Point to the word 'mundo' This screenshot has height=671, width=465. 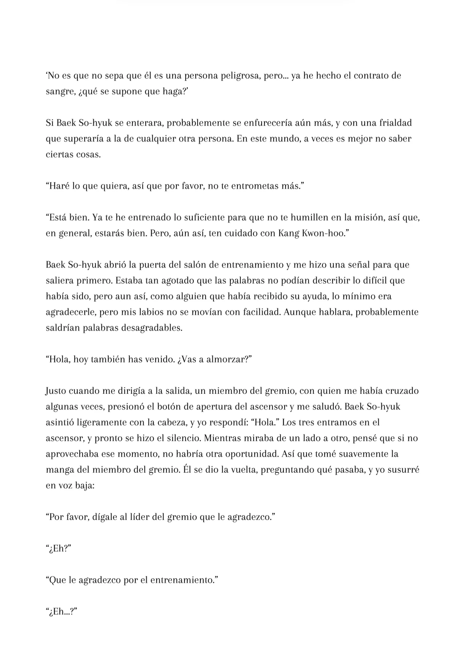click(x=284, y=139)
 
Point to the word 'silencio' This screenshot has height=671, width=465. click(x=183, y=438)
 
